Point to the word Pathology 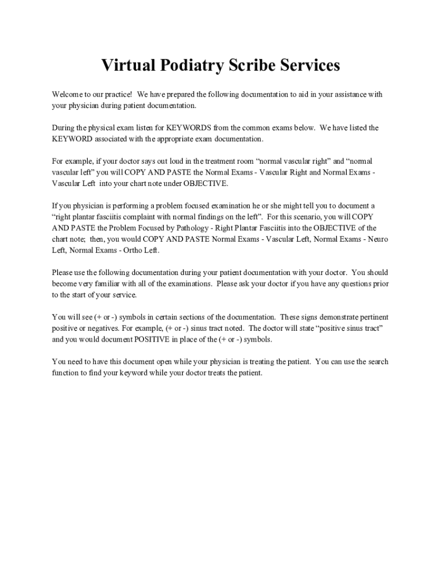(x=158, y=228)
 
